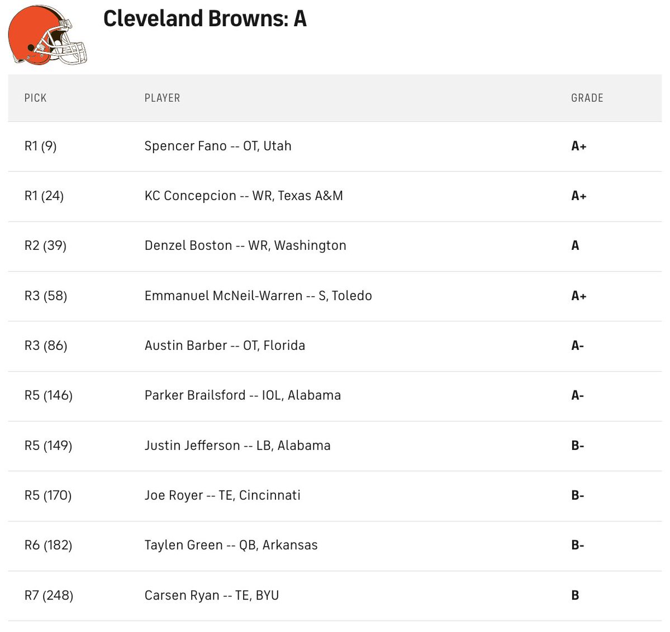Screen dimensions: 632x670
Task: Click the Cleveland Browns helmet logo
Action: pyautogui.click(x=48, y=35)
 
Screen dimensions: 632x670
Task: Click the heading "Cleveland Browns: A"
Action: pyautogui.click(x=205, y=19)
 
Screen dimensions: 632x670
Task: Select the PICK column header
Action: pyautogui.click(x=35, y=98)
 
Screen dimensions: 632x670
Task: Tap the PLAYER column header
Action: pyautogui.click(x=162, y=98)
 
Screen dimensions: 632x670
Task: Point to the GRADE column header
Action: pyautogui.click(x=587, y=98)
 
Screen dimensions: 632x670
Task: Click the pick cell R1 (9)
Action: pyautogui.click(x=40, y=146)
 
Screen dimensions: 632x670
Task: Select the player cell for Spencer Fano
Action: pyautogui.click(x=218, y=146)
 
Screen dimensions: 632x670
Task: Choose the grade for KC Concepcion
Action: pyautogui.click(x=578, y=196)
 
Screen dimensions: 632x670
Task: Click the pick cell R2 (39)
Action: pyautogui.click(x=45, y=246)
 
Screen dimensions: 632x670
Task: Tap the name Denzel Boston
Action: pyautogui.click(x=188, y=246)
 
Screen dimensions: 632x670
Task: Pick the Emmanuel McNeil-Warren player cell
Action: pyautogui.click(x=258, y=296)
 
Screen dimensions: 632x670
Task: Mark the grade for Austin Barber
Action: pyautogui.click(x=577, y=346)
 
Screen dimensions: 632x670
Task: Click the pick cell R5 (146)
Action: pyautogui.click(x=49, y=396)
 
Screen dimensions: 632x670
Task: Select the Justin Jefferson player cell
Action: pyautogui.click(x=237, y=446)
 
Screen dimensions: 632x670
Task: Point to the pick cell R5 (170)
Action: pyautogui.click(x=48, y=496)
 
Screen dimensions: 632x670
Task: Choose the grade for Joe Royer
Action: pyautogui.click(x=577, y=496)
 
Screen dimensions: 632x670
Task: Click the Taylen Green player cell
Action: pyautogui.click(x=231, y=545)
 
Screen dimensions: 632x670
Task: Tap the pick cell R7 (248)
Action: pyautogui.click(x=49, y=596)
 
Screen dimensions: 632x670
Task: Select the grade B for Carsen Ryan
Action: pyautogui.click(x=575, y=596)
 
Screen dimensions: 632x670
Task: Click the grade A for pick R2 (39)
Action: pyautogui.click(x=575, y=246)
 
